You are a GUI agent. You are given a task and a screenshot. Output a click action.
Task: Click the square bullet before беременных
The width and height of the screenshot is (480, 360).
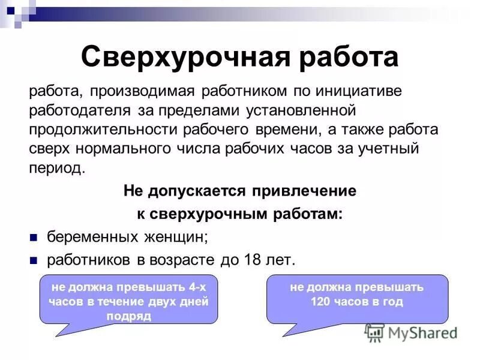click(x=34, y=238)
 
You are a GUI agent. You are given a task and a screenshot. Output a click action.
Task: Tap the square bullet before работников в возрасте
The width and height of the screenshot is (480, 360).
click(x=34, y=260)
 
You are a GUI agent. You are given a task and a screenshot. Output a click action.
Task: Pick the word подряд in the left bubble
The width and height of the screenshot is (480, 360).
click(x=128, y=316)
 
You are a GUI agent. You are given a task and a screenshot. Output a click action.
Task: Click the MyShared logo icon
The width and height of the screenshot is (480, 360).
click(x=375, y=333)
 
